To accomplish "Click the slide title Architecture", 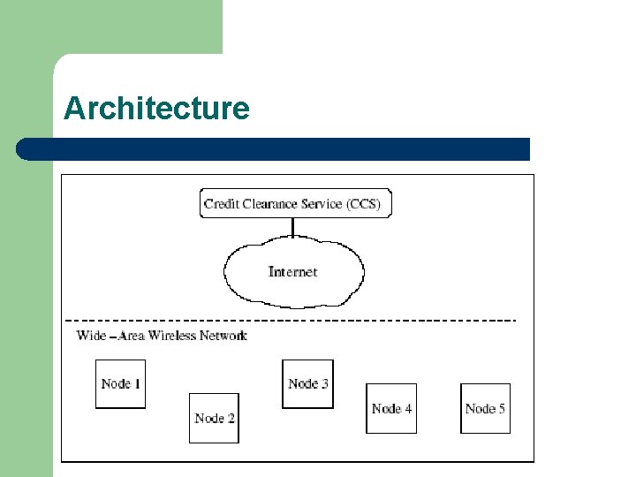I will pos(156,109).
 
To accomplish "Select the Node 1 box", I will pos(120,383).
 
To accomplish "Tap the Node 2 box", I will pos(215,418).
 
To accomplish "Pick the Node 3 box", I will pos(307,383).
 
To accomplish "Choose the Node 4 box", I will pos(391,408).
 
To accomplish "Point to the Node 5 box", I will pos(485,408).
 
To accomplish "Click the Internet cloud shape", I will pos(293,272).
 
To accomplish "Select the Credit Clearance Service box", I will pos(295,203).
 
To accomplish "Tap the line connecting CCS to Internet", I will pos(293,228).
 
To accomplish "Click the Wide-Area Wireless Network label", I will pos(162,336).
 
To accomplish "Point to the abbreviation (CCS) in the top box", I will pos(363,204).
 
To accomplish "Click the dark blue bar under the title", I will pos(274,149).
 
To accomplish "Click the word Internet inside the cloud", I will pos(292,272).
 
